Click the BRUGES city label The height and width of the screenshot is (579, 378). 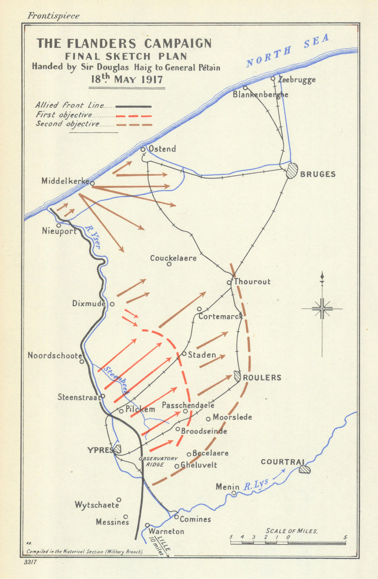pos(318,174)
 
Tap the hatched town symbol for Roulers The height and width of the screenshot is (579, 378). pos(237,376)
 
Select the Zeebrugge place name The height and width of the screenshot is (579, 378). pos(297,80)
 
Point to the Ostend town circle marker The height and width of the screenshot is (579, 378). pos(143,149)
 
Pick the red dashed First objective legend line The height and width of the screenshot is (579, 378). pos(133,116)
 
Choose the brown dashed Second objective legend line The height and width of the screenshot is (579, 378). pos(133,124)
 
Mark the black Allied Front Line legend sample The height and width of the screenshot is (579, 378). pos(133,107)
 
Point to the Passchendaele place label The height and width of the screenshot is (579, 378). pos(188,405)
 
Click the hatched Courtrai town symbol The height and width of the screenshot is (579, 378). pos(304,469)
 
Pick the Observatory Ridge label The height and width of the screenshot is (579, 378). pos(158,461)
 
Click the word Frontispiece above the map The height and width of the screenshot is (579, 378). pos(53,16)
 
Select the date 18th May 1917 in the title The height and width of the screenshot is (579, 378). pos(127,79)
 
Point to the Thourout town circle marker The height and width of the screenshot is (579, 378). pos(229,283)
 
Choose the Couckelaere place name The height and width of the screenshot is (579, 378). pos(173,258)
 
